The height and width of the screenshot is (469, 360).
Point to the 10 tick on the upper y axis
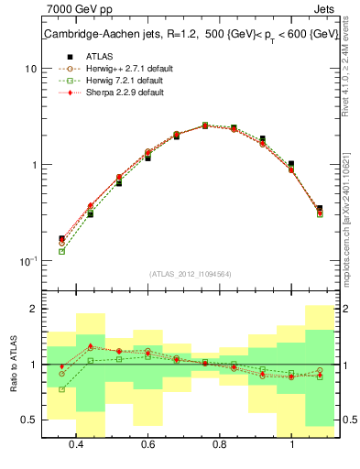pyautogui.click(x=31, y=69)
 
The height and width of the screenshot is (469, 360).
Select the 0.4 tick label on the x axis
pyautogui.click(x=76, y=444)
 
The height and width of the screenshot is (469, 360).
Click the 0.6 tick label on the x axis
pyautogui.click(x=147, y=444)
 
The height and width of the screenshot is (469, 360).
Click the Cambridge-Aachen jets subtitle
pyautogui.click(x=191, y=35)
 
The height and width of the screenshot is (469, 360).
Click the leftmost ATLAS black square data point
pyautogui.click(x=61, y=239)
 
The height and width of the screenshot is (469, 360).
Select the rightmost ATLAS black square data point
pyautogui.click(x=319, y=209)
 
